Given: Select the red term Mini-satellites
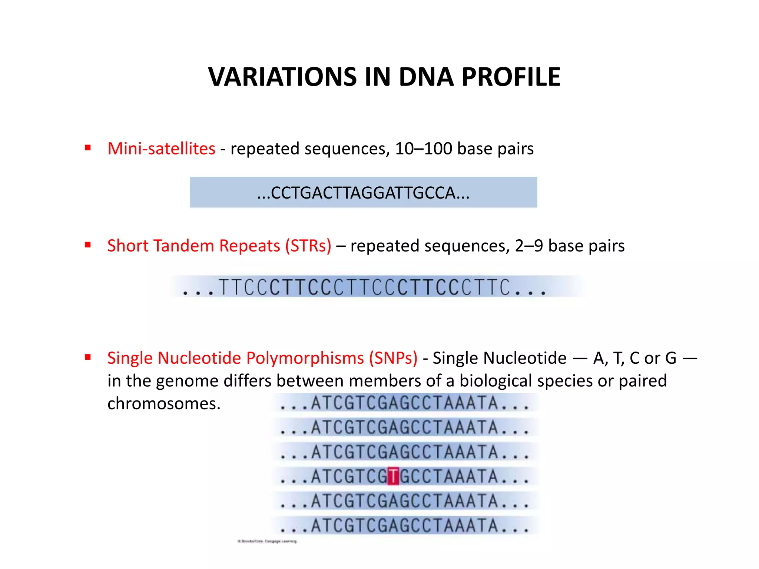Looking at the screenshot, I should (x=161, y=149).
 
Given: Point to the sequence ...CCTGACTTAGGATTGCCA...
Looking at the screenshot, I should (x=363, y=193).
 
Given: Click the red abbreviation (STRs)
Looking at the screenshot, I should (x=308, y=246).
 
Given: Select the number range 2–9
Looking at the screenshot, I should (x=529, y=246).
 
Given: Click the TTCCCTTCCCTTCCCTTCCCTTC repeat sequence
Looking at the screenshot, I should (x=364, y=287).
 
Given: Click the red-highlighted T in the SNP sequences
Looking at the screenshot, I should (x=393, y=476).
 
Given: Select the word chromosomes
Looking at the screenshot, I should (x=164, y=403).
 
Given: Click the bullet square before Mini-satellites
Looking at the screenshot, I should (x=88, y=148).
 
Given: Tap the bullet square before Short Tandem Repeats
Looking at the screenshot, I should (x=88, y=245).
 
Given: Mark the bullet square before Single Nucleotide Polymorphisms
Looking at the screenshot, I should (x=88, y=357).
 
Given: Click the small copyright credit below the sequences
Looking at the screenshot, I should (x=267, y=541).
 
